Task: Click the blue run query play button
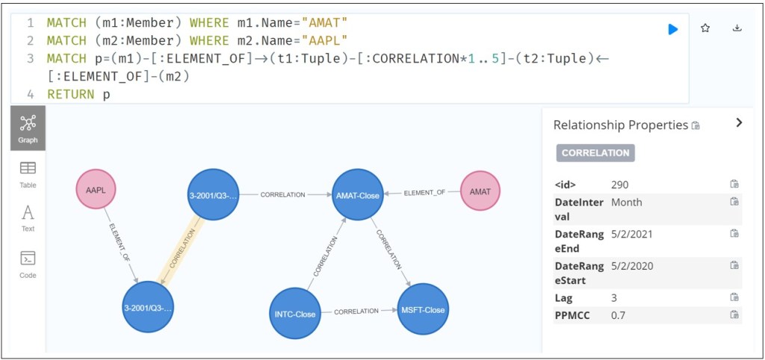point(672,29)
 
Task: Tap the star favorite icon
point(704,28)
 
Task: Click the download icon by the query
point(737,28)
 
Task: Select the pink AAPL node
point(96,190)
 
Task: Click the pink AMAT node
point(480,191)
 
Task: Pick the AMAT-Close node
point(358,195)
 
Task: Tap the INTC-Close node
point(295,314)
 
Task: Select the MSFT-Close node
point(423,309)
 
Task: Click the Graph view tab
point(28,128)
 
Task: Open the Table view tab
point(28,174)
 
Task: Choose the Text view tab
point(28,218)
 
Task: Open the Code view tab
point(28,264)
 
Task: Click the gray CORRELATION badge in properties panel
point(595,152)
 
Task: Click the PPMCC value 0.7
point(618,315)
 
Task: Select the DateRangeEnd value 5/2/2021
point(632,234)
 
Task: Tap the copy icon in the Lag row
point(734,297)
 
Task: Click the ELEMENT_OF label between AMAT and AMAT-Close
point(424,193)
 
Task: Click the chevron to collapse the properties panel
point(739,123)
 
